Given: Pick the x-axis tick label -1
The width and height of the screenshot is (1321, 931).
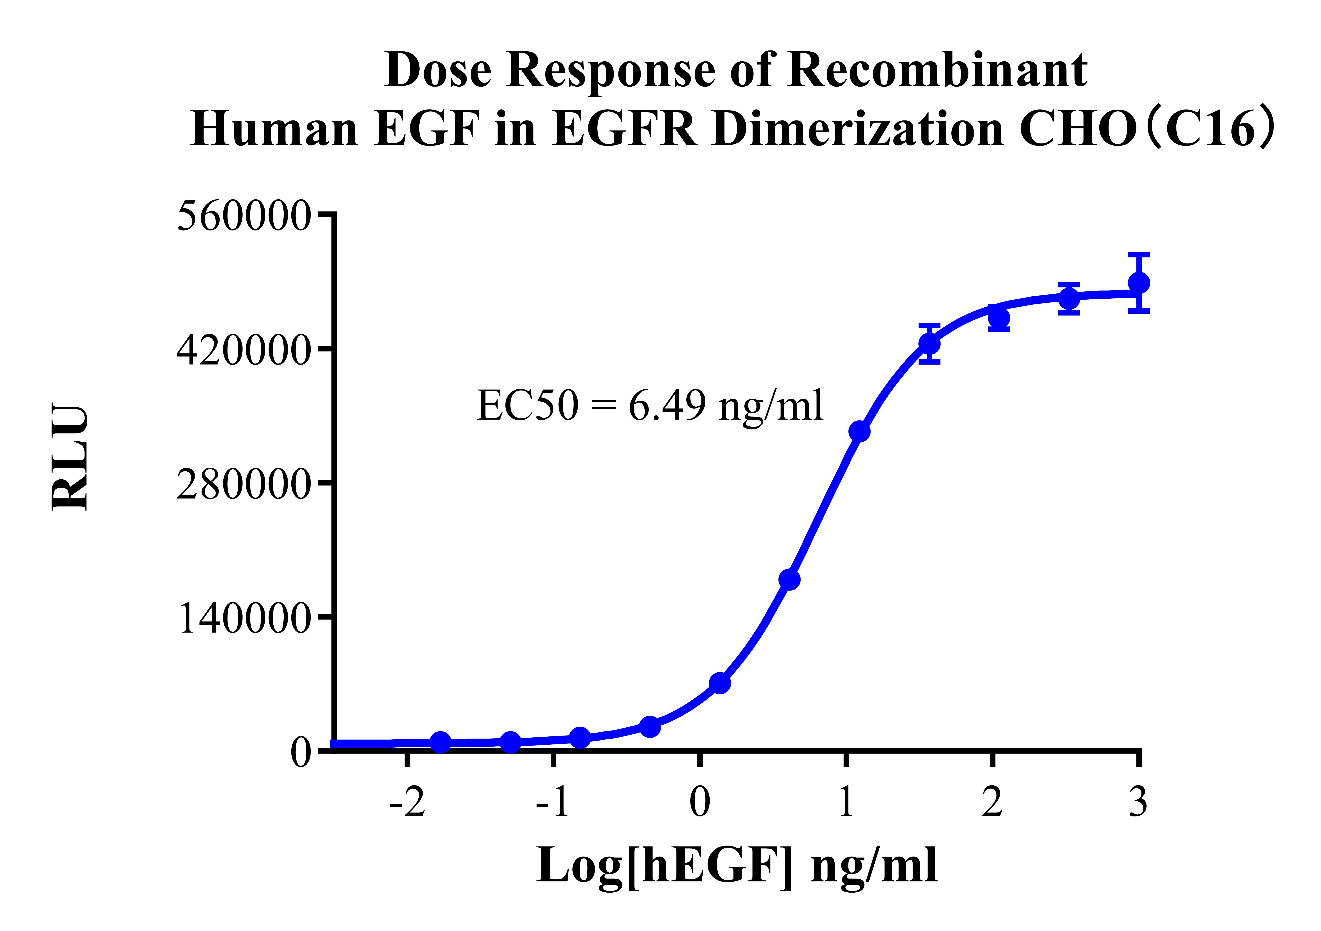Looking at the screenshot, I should coord(553,803).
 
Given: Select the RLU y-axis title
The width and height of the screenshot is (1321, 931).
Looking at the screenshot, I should coord(70,458).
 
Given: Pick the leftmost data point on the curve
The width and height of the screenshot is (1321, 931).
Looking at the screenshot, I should coord(441,742).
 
